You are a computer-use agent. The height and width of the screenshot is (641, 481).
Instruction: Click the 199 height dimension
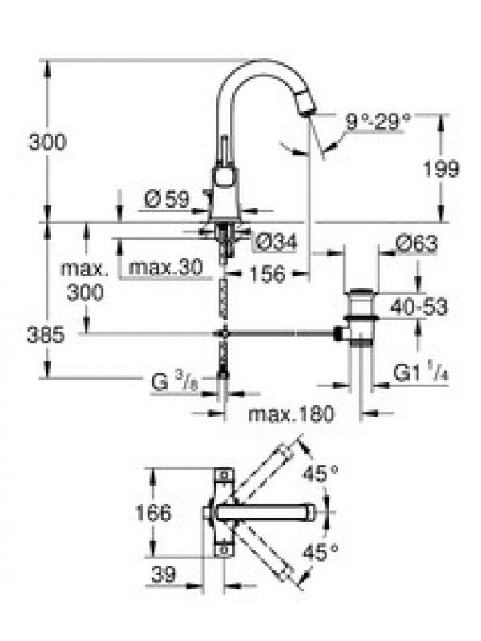441,169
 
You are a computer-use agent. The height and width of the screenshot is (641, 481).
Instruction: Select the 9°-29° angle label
377,121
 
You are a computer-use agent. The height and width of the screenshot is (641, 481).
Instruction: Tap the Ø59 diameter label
168,200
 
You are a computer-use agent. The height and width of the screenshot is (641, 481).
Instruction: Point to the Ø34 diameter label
276,243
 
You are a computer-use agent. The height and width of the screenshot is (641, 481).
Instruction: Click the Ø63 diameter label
416,244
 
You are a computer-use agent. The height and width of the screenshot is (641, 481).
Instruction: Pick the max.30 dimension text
166,268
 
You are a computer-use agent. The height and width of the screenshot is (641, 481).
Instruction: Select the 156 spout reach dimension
268,274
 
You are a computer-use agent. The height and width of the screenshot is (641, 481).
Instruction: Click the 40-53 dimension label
418,307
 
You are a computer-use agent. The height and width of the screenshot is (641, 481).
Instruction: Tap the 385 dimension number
46,335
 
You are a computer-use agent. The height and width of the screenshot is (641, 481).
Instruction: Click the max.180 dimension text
291,414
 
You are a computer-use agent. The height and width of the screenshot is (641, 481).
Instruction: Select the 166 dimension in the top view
153,513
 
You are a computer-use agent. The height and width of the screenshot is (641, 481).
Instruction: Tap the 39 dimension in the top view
164,574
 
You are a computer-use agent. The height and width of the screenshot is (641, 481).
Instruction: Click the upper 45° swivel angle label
321,474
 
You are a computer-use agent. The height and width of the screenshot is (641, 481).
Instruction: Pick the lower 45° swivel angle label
321,553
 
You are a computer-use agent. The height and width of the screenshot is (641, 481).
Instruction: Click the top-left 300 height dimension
47,142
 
